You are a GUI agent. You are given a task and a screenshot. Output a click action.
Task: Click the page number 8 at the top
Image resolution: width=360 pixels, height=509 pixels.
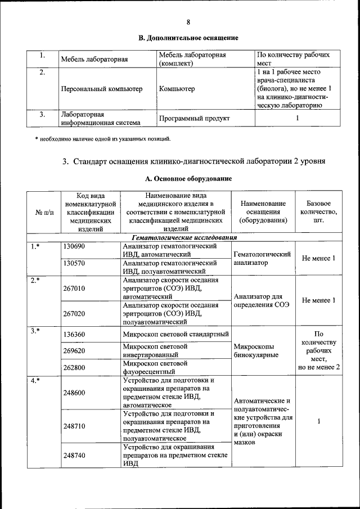188,22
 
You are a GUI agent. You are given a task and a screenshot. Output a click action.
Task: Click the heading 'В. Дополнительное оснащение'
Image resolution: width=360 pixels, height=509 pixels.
188,38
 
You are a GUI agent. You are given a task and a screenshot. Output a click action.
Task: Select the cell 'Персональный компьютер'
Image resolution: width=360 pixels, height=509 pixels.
101,89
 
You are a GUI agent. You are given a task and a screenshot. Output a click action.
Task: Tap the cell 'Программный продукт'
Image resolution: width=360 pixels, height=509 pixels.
194,119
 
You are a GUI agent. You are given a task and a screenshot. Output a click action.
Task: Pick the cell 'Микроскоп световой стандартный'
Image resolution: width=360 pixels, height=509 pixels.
175,335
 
